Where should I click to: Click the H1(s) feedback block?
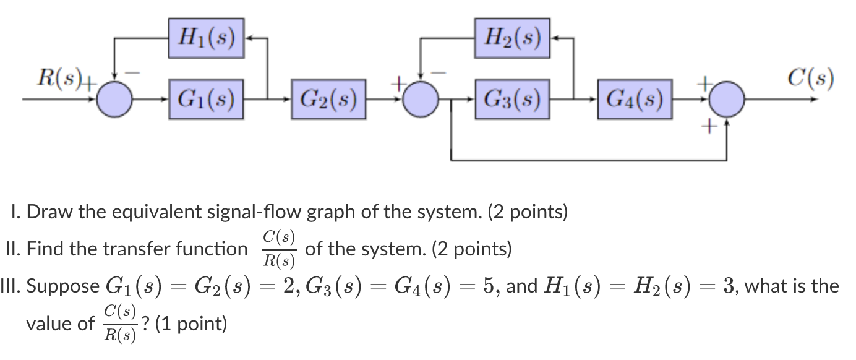[x=207, y=38]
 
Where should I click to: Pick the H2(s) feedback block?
[x=512, y=38]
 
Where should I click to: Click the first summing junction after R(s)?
[x=115, y=99]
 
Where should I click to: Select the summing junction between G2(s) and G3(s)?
[x=421, y=99]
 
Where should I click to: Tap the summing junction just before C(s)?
[x=726, y=99]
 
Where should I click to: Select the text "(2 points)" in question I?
[x=528, y=213]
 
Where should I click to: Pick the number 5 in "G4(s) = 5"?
[x=493, y=287]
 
